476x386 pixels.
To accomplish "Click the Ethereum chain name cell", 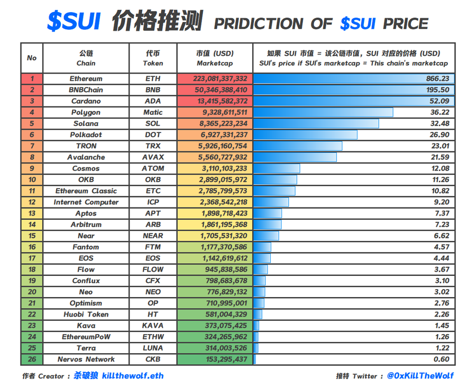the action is coord(86,79).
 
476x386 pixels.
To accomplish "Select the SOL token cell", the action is coord(153,123).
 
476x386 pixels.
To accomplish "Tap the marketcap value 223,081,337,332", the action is coord(220,79).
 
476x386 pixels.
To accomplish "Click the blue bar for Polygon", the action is coord(323,112).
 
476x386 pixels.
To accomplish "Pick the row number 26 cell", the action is coord(32,359).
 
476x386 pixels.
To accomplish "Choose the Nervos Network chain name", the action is coord(86,359).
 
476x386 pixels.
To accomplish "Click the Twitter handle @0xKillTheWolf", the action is coord(420,375).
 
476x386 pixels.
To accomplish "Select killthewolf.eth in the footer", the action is coord(133,375).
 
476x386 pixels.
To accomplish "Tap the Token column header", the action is coord(153,58).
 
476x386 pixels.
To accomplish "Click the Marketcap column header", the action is coord(215,58).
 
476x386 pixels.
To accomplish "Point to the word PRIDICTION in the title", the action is coord(259,24).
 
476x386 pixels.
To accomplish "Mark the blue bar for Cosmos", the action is coord(277,168).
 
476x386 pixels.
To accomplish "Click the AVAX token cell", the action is coord(153,157).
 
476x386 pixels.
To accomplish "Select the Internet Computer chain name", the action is coord(86,202).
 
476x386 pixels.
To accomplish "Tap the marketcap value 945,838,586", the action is coord(226,270).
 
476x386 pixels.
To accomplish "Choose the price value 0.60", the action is coord(442,359).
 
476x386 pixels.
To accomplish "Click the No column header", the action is coord(32,58).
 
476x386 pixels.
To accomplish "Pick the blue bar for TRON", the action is coord(298,146).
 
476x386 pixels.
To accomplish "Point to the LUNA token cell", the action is coord(153,348).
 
